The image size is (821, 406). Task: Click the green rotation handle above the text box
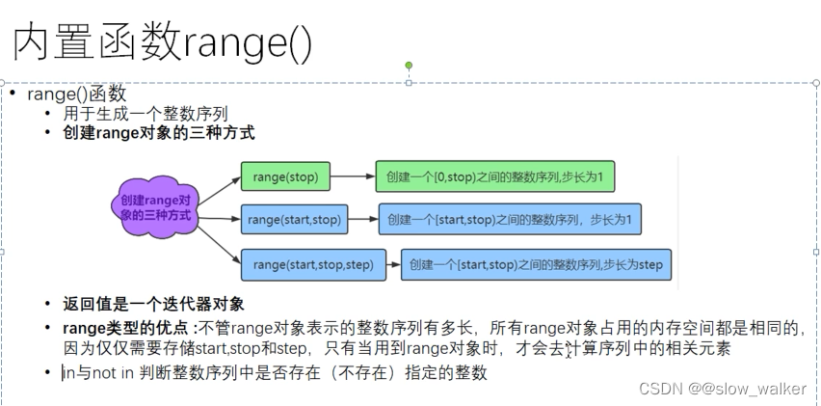point(409,66)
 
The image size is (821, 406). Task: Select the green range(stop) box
point(285,176)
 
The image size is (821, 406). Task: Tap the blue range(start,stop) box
point(294,219)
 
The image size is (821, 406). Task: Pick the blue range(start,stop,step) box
point(313,264)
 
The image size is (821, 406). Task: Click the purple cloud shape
point(155,207)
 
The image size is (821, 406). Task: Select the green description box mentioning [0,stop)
point(494,176)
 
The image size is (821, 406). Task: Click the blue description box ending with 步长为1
point(510,219)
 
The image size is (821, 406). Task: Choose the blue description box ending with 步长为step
point(536,264)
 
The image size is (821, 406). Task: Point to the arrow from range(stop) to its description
point(353,176)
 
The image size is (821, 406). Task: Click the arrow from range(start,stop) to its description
point(363,219)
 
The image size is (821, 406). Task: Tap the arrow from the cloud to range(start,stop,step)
point(220,245)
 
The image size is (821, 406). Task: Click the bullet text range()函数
point(77,94)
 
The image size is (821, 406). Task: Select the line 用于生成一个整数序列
point(146,114)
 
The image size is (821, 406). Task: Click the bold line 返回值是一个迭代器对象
point(153,304)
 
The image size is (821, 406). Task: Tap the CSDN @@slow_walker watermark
point(723,389)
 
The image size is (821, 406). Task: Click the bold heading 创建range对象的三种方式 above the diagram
point(159,132)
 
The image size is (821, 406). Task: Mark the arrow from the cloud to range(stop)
point(220,191)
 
